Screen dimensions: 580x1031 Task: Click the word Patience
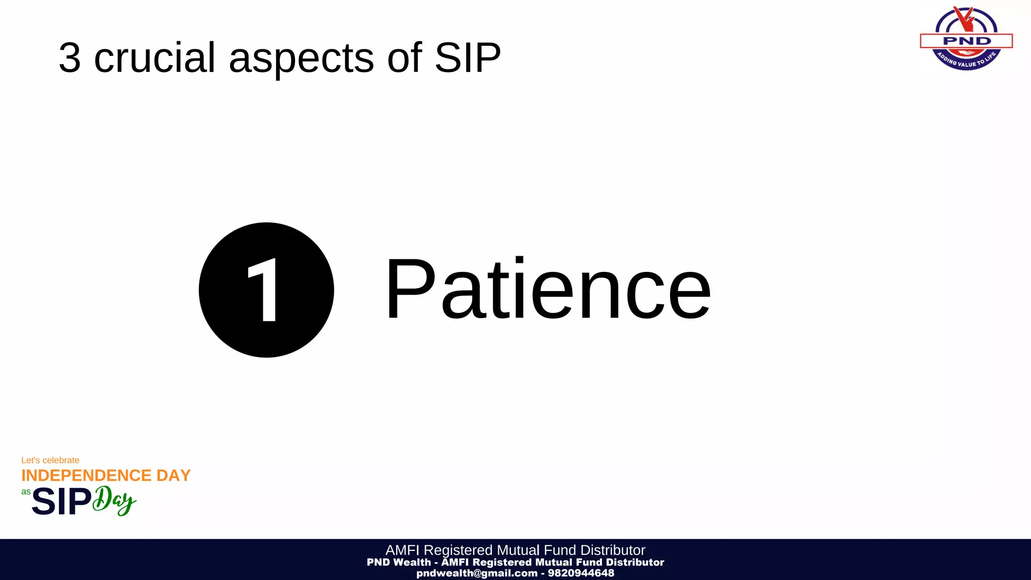[x=548, y=289]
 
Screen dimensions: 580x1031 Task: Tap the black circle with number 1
[x=266, y=290]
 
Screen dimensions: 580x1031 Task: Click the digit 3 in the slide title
[x=69, y=57]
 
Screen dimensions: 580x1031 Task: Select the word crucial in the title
[x=155, y=57]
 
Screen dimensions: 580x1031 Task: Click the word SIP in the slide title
[x=468, y=57]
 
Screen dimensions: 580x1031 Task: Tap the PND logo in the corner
[x=966, y=39]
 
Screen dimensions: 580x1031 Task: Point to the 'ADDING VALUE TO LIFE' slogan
[x=966, y=61]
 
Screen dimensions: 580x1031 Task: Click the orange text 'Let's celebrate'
[x=50, y=460]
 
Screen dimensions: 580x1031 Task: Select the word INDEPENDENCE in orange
[x=86, y=475]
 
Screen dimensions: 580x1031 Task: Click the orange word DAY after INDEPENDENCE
[x=174, y=475]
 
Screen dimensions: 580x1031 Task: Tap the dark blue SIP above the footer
[x=61, y=502]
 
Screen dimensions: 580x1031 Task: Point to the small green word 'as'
[x=26, y=491]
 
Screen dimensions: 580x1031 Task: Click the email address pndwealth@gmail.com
[x=477, y=573]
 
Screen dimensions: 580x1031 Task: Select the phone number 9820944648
[x=581, y=573]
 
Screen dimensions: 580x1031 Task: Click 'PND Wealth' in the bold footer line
[x=399, y=562]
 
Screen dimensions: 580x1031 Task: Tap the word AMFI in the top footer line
[x=402, y=550]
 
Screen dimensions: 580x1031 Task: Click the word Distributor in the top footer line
[x=613, y=550]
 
